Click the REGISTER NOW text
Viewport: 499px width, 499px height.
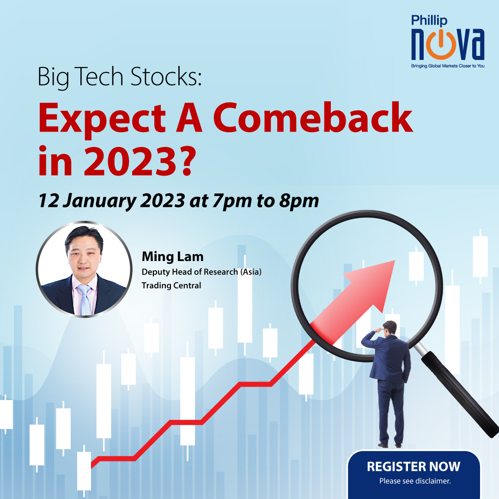[x=414, y=467]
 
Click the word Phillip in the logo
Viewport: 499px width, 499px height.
[x=429, y=21]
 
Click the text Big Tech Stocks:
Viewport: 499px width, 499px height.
[x=120, y=77]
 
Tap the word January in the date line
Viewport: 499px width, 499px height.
[x=100, y=201]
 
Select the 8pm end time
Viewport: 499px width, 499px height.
[x=299, y=201]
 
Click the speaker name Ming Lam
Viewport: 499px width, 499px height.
[x=172, y=257]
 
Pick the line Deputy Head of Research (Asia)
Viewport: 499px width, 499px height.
[x=201, y=272]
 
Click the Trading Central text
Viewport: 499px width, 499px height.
[x=171, y=286]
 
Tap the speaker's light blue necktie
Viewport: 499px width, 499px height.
[x=85, y=299]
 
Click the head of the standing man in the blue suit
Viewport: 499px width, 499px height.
[x=390, y=328]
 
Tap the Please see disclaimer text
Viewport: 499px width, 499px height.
[x=415, y=481]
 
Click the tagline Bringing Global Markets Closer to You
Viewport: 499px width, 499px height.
[x=448, y=66]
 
